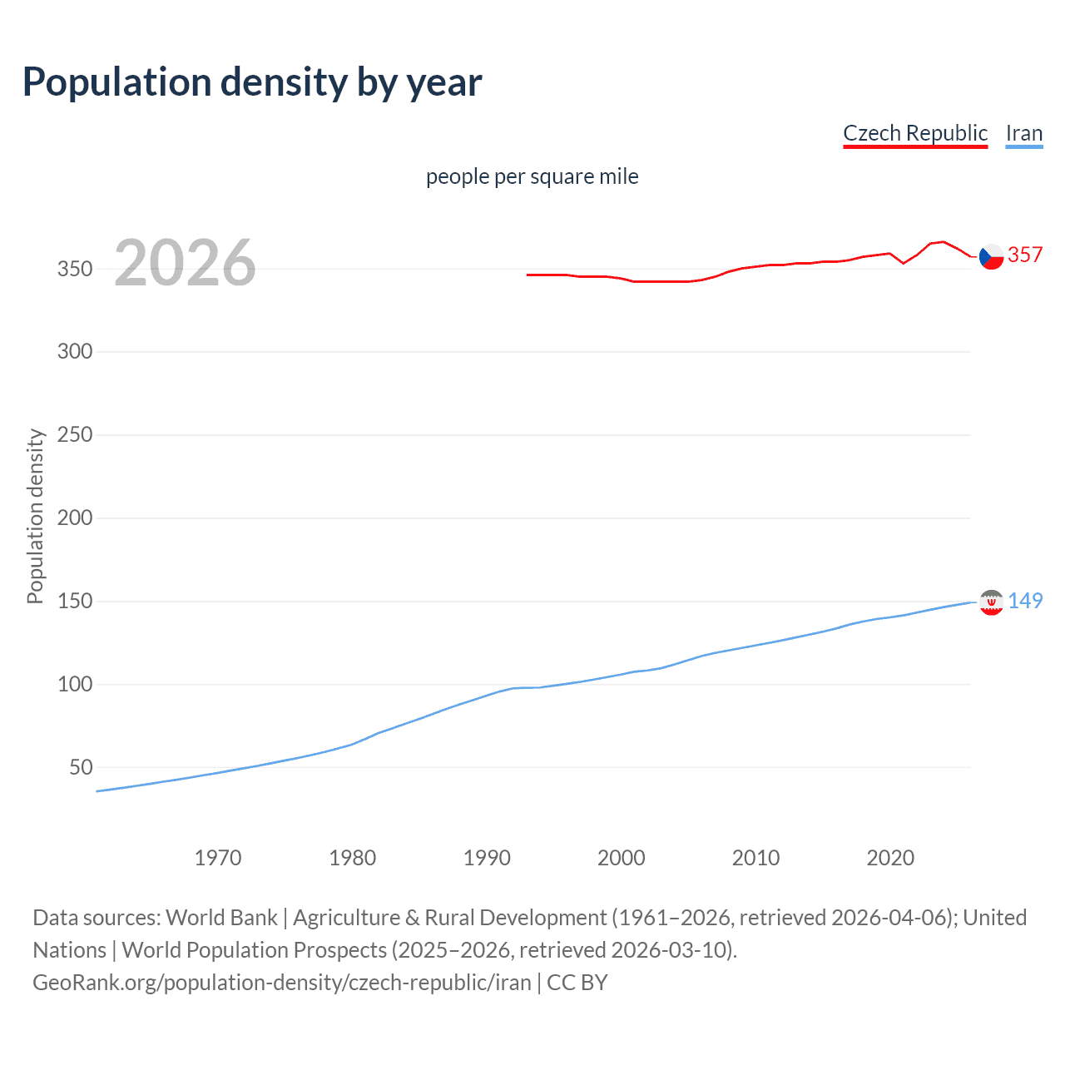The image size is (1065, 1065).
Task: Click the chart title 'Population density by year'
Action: point(252,82)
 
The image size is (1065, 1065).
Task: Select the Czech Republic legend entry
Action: point(915,133)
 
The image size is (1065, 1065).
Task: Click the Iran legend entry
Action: point(1023,133)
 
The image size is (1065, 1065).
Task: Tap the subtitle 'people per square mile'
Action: point(532,176)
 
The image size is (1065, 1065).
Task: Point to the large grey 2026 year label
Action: point(185,263)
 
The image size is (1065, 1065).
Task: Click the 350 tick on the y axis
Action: point(75,269)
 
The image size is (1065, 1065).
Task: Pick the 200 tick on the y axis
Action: point(75,518)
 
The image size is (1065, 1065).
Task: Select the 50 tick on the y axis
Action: point(81,767)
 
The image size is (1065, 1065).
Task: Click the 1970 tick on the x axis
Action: point(218,858)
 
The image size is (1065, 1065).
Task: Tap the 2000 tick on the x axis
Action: point(622,858)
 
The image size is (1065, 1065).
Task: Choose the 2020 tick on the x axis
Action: point(890,858)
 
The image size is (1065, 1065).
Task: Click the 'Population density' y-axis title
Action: point(35,516)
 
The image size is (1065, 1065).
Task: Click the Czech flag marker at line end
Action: point(991,256)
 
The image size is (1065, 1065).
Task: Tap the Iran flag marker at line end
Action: point(991,602)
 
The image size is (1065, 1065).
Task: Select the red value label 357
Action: point(1025,255)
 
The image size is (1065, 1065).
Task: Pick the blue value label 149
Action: point(1025,601)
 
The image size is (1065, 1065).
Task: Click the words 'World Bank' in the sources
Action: point(221,918)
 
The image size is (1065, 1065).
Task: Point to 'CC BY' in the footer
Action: point(577,983)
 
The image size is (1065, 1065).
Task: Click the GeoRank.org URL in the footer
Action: point(281,983)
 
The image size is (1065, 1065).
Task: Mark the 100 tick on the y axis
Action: point(75,684)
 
